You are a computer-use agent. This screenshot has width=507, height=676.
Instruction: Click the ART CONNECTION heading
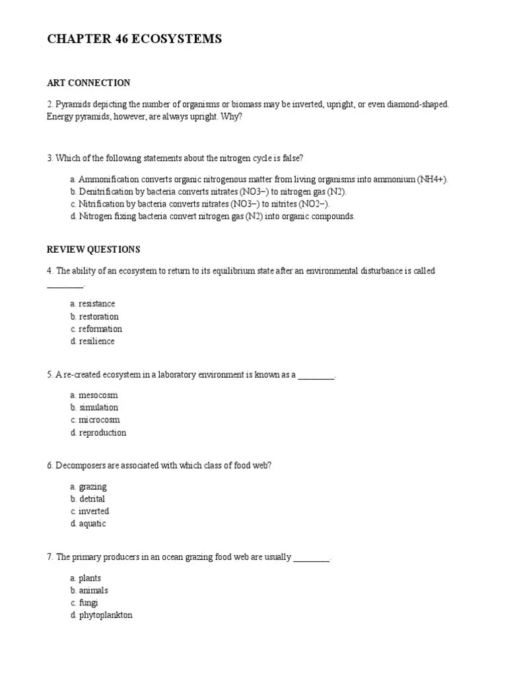point(88,83)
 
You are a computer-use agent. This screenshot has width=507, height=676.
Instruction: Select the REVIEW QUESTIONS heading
point(93,250)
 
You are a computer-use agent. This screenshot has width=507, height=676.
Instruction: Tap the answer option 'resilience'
point(96,341)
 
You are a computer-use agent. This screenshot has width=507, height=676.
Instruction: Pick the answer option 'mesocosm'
point(98,395)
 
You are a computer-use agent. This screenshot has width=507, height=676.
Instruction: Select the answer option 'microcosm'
point(99,420)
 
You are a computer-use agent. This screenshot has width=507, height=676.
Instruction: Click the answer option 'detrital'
point(92,499)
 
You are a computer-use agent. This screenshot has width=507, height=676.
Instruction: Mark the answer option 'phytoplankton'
point(106,615)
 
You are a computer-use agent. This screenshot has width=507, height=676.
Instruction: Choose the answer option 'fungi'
point(88,603)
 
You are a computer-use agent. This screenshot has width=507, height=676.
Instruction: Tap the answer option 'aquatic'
point(92,524)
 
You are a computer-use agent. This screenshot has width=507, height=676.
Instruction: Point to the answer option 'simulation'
point(98,407)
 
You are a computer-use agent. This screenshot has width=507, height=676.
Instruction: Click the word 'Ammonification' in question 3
point(107,180)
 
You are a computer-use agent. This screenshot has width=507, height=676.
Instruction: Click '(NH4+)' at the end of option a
point(432,180)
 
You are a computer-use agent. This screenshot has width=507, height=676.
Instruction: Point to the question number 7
point(50,557)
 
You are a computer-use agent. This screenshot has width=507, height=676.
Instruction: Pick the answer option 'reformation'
point(100,329)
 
